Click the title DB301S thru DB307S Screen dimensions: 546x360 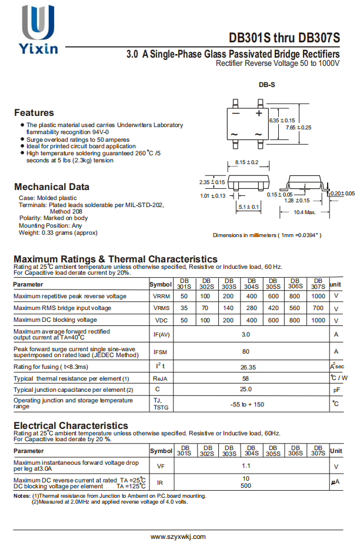click(284, 38)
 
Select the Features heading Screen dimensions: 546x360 click(34, 112)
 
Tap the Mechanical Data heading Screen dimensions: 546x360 click(52, 187)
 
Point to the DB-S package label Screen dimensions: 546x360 click(266, 85)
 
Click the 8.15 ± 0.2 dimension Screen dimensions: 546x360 click(246, 162)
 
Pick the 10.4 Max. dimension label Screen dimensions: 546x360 click(305, 212)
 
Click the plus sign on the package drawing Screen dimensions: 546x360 click(258, 112)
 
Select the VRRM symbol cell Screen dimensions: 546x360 click(161, 296)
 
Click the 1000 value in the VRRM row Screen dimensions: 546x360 click(318, 296)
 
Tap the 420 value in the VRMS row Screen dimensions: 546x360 click(274, 308)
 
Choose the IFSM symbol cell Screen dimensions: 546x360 click(161, 351)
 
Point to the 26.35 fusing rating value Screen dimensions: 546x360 click(248, 367)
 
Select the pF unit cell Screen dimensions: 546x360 click(336, 389)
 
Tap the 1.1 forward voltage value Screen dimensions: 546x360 click(246, 465)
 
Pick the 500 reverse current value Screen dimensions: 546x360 click(246, 485)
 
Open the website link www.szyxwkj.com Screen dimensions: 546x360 click(178, 537)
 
